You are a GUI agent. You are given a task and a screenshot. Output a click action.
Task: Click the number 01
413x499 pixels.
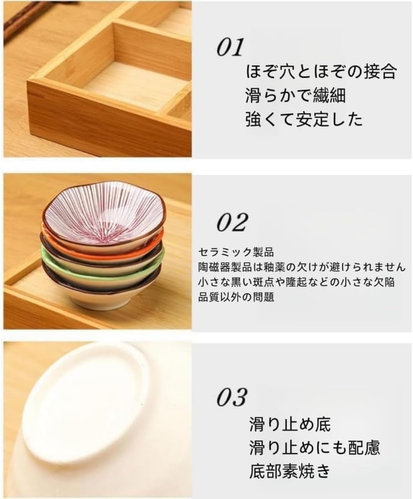[x=229, y=48]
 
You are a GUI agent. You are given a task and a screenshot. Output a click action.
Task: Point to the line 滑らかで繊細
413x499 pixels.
[x=295, y=96]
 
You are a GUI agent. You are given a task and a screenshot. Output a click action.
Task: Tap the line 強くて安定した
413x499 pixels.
[x=304, y=120]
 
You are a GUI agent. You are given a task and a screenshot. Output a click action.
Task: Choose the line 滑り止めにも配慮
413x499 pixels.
[x=315, y=448]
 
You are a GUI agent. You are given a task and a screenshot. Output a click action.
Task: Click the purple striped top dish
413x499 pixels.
[x=103, y=212]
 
